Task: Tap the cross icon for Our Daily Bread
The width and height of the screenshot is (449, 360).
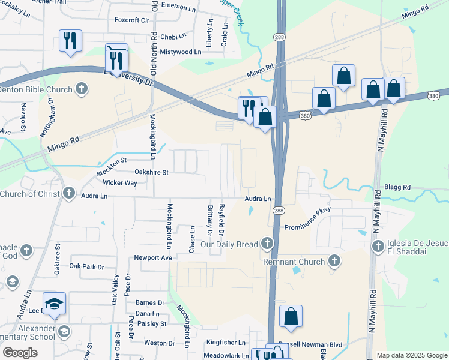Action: coord(267,244)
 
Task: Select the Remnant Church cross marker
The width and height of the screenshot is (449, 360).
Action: coord(334,261)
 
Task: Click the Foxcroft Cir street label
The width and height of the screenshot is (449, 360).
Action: coord(131,20)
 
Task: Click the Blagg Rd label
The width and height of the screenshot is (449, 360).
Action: coord(399,187)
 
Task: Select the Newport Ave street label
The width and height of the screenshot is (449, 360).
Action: coord(153,257)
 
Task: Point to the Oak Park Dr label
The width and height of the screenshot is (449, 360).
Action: coord(86,266)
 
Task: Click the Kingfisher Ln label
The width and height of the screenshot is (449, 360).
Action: coord(226,343)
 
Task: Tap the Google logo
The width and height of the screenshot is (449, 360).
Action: coord(20,353)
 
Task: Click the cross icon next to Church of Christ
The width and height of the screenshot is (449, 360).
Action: coord(69,193)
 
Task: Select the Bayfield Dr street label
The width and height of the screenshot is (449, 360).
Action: coord(221,219)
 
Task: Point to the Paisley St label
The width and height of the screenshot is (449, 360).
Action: coord(151,323)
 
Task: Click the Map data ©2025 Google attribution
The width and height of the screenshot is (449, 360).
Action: coord(411,355)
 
